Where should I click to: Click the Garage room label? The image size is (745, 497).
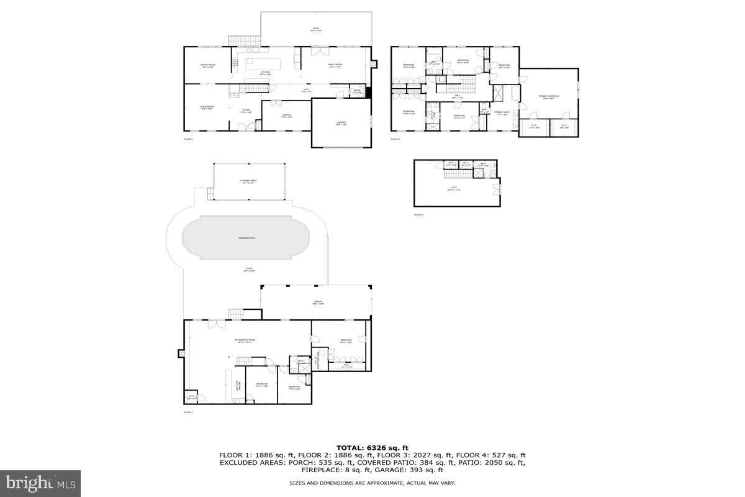pyautogui.click(x=341, y=124)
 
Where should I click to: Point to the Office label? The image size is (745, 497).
pyautogui.click(x=286, y=116)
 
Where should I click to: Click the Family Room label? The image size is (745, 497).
pyautogui.click(x=336, y=65)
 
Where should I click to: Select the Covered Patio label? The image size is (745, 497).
pyautogui.click(x=248, y=181)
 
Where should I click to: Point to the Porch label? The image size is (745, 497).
pyautogui.click(x=317, y=303)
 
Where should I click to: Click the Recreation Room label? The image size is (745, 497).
pyautogui.click(x=245, y=340)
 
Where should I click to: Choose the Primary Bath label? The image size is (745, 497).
pyautogui.click(x=501, y=114)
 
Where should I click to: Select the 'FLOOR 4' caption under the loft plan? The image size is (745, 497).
pyautogui.click(x=418, y=214)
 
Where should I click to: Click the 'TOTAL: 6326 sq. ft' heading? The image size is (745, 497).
pyautogui.click(x=372, y=447)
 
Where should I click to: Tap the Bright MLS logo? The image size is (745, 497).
pyautogui.click(x=40, y=483)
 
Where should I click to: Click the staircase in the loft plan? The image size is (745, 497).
pyautogui.click(x=458, y=171)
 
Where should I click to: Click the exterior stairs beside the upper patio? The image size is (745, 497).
pyautogui.click(x=238, y=41)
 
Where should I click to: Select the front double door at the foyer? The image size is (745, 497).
pyautogui.click(x=250, y=127)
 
